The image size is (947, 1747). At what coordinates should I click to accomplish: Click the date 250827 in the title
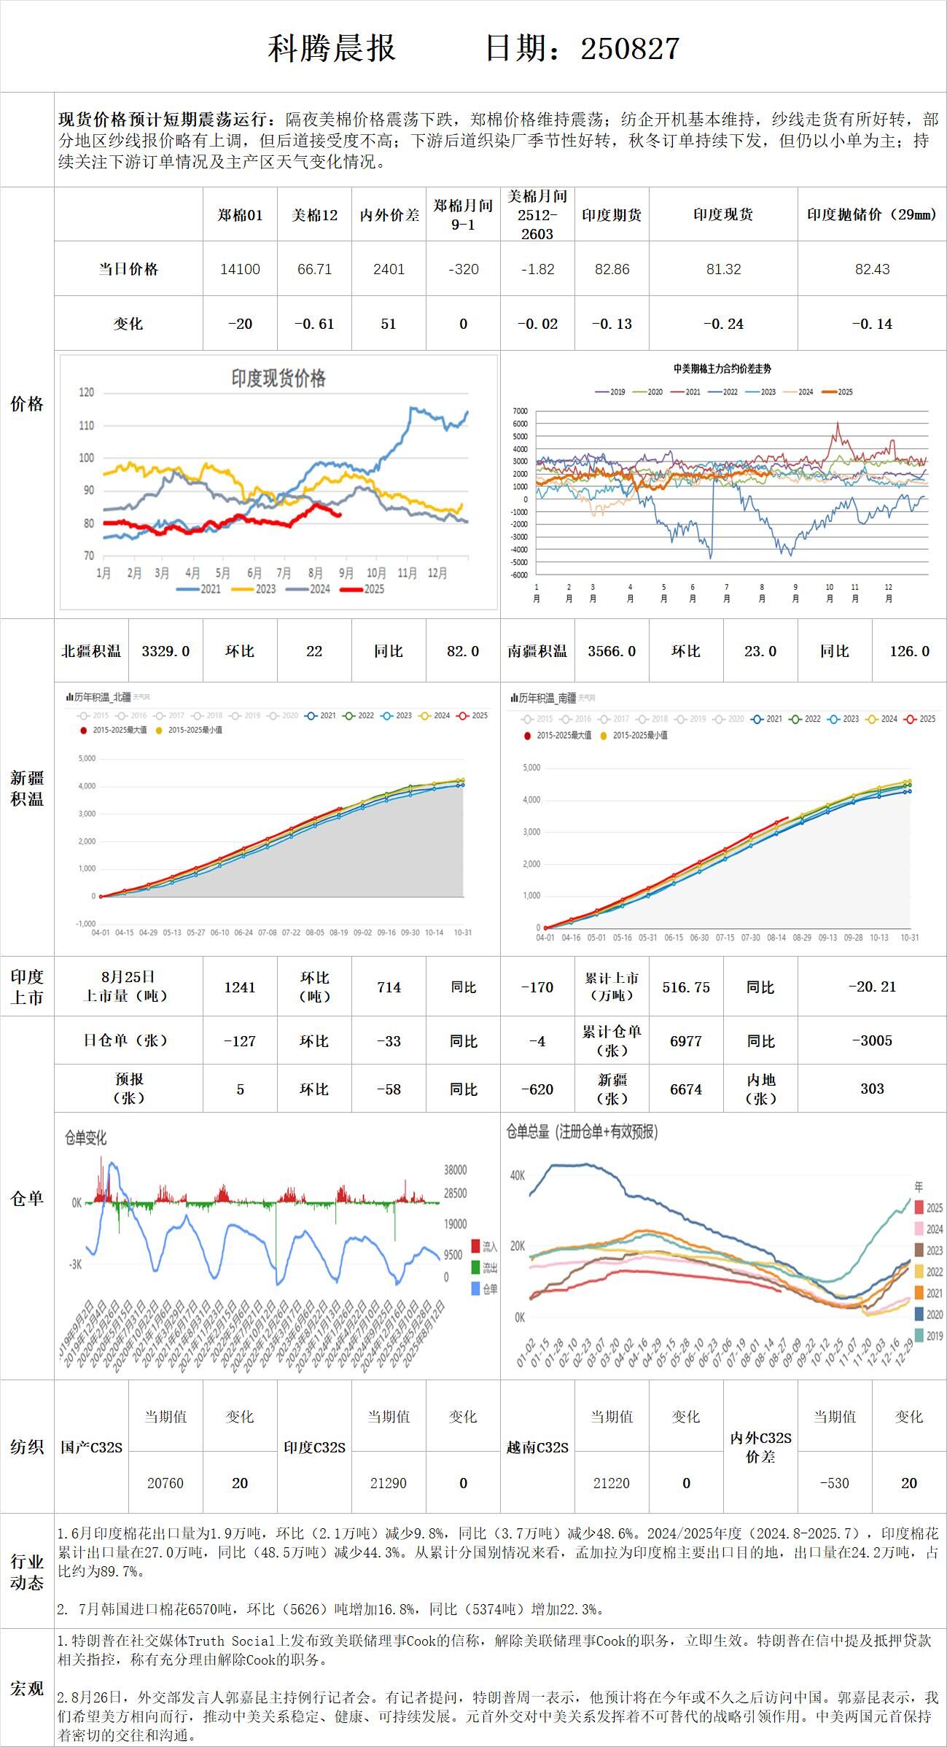pos(630,49)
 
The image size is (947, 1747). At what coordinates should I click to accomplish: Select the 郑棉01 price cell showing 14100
pos(240,269)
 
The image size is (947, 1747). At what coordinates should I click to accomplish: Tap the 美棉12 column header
pos(314,214)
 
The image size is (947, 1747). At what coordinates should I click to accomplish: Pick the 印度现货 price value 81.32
pos(723,269)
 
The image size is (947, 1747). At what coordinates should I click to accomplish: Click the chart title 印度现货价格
pos(278,378)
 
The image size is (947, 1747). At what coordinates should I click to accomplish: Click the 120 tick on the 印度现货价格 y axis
pos(87,392)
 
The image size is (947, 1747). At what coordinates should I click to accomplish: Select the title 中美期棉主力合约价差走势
pos(722,369)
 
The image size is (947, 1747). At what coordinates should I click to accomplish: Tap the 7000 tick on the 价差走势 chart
pos(520,411)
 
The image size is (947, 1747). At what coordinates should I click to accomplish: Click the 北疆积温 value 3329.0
pos(165,651)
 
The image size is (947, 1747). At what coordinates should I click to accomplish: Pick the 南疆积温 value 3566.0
pos(612,651)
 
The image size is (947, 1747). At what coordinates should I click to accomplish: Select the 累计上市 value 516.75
pos(686,987)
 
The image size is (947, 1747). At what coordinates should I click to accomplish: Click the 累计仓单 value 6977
pos(686,1041)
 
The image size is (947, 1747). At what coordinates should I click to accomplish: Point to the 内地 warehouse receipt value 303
pos(872,1089)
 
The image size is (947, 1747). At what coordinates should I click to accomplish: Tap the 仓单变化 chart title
pos(86,1137)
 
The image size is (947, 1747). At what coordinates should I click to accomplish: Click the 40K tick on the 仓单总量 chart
pos(518,1175)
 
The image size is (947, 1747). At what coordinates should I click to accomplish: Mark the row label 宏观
pos(27,1689)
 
